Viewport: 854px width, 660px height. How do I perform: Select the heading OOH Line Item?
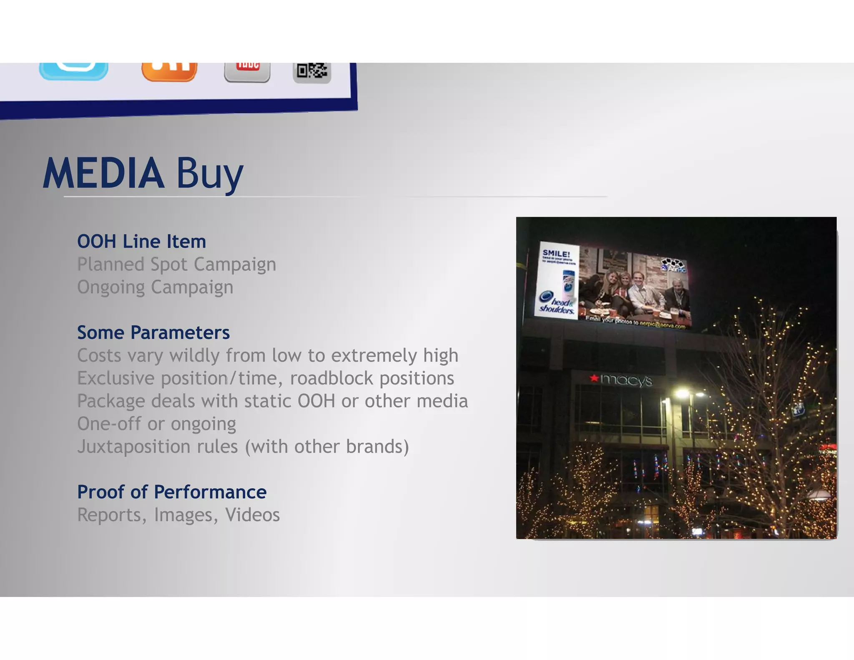pyautogui.click(x=141, y=242)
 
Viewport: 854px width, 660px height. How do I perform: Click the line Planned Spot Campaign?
pyautogui.click(x=176, y=265)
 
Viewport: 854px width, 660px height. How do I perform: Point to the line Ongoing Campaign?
pyautogui.click(x=155, y=287)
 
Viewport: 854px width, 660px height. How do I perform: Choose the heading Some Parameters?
pyautogui.click(x=153, y=333)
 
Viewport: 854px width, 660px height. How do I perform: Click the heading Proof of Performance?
pyautogui.click(x=172, y=492)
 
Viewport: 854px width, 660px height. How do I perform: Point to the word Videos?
pyautogui.click(x=252, y=515)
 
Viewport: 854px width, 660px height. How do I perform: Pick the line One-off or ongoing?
pyautogui.click(x=156, y=424)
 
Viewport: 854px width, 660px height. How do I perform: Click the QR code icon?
pyautogui.click(x=312, y=72)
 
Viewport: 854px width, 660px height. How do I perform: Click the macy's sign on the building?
pyautogui.click(x=621, y=380)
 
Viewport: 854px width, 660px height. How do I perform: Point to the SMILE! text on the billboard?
pyautogui.click(x=556, y=254)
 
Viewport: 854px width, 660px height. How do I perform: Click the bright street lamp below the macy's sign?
pyautogui.click(x=682, y=393)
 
